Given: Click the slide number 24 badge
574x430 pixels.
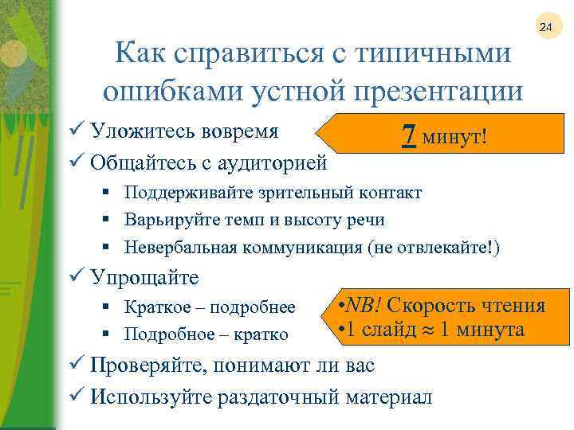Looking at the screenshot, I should (546, 28).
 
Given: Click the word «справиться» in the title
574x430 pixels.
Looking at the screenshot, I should (235, 53).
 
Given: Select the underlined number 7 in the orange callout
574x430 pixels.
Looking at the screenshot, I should (408, 136).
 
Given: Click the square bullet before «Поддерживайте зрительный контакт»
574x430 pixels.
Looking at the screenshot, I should (106, 193).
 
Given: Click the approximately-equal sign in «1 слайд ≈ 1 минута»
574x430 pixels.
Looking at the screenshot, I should (426, 330).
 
